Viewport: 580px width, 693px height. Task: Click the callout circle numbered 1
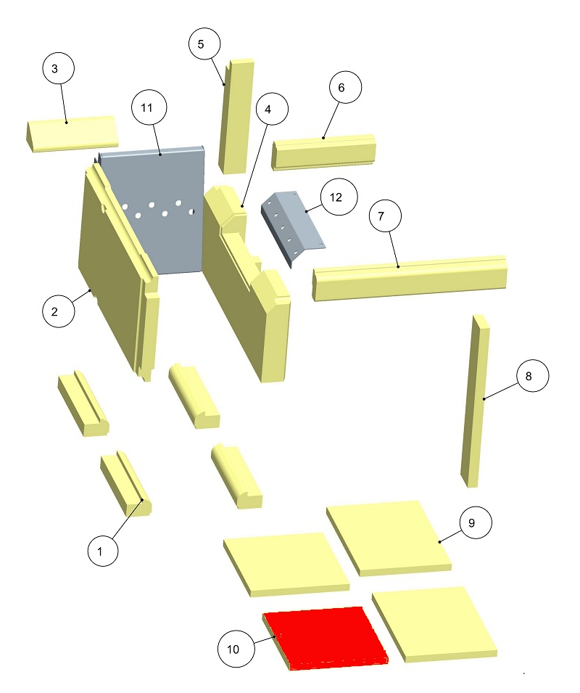pos(103,551)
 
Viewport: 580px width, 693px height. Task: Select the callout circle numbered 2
pos(58,311)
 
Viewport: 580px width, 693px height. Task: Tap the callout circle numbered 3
pos(58,68)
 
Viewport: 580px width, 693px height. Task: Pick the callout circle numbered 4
pos(271,109)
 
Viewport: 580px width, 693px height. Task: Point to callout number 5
pos(204,44)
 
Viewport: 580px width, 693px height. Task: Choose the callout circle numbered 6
pos(345,87)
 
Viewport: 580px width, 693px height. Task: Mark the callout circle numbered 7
pos(386,216)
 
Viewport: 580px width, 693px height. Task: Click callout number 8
pos(533,376)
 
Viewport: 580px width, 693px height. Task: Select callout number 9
pos(476,522)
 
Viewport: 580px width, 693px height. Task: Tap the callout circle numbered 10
pos(236,649)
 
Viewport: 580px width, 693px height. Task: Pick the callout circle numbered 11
pos(149,107)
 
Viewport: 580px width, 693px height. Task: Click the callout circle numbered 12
pos(339,197)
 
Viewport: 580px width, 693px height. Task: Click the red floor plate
pos(326,638)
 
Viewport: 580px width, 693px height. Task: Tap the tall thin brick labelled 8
pos(475,401)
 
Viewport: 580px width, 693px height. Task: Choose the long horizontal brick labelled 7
pos(410,277)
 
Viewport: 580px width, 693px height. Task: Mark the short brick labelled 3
pos(71,134)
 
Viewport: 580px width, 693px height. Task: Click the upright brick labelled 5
pos(236,116)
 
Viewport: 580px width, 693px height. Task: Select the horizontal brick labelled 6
pos(323,152)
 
